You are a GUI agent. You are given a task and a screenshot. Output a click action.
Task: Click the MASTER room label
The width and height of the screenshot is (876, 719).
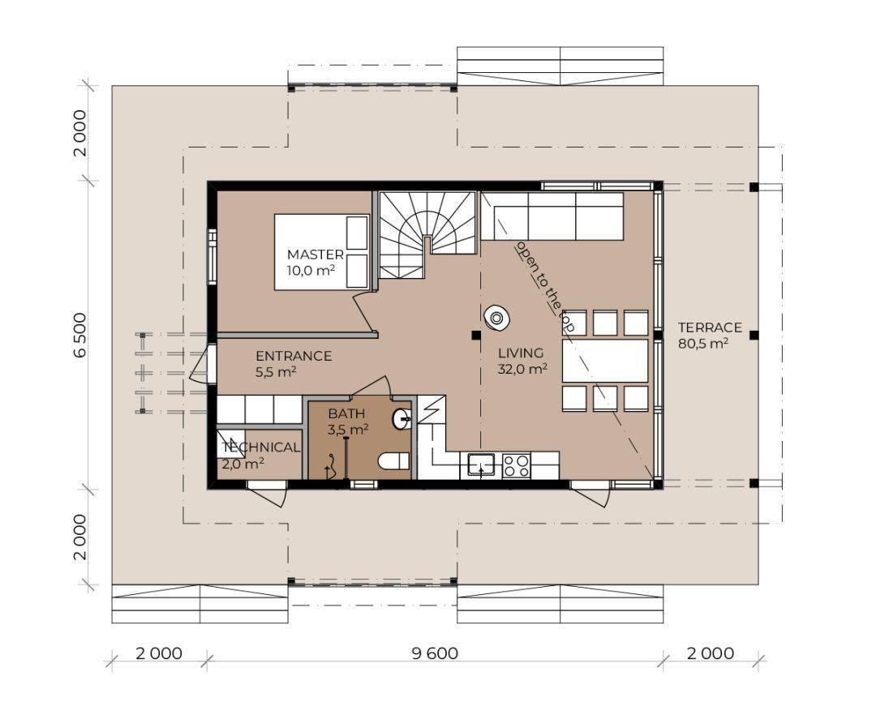pyautogui.click(x=315, y=255)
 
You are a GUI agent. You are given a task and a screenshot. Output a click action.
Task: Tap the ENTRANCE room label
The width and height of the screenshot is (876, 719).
pyautogui.click(x=293, y=356)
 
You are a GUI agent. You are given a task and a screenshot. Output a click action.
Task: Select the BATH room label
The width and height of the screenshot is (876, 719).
pyautogui.click(x=346, y=413)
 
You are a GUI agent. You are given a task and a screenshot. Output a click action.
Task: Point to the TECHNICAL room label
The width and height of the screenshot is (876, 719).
pyautogui.click(x=260, y=447)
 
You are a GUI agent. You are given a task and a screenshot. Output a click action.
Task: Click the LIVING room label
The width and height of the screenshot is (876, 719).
pyautogui.click(x=520, y=353)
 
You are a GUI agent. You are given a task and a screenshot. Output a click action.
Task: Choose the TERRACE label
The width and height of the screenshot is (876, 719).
pyautogui.click(x=710, y=327)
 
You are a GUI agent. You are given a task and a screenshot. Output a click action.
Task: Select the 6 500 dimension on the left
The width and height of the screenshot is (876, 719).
pyautogui.click(x=82, y=336)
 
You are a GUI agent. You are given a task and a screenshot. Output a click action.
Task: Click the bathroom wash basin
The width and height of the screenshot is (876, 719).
pyautogui.click(x=401, y=419)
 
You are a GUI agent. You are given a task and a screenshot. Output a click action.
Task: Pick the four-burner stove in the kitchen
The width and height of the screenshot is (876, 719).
pyautogui.click(x=517, y=465)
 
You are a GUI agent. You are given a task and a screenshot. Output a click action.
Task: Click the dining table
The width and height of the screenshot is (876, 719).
pyautogui.click(x=606, y=361)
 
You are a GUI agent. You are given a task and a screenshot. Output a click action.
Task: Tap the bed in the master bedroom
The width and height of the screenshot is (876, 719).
pyautogui.click(x=321, y=251)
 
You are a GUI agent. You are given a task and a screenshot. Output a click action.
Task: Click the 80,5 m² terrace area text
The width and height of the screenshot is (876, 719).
pyautogui.click(x=702, y=344)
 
